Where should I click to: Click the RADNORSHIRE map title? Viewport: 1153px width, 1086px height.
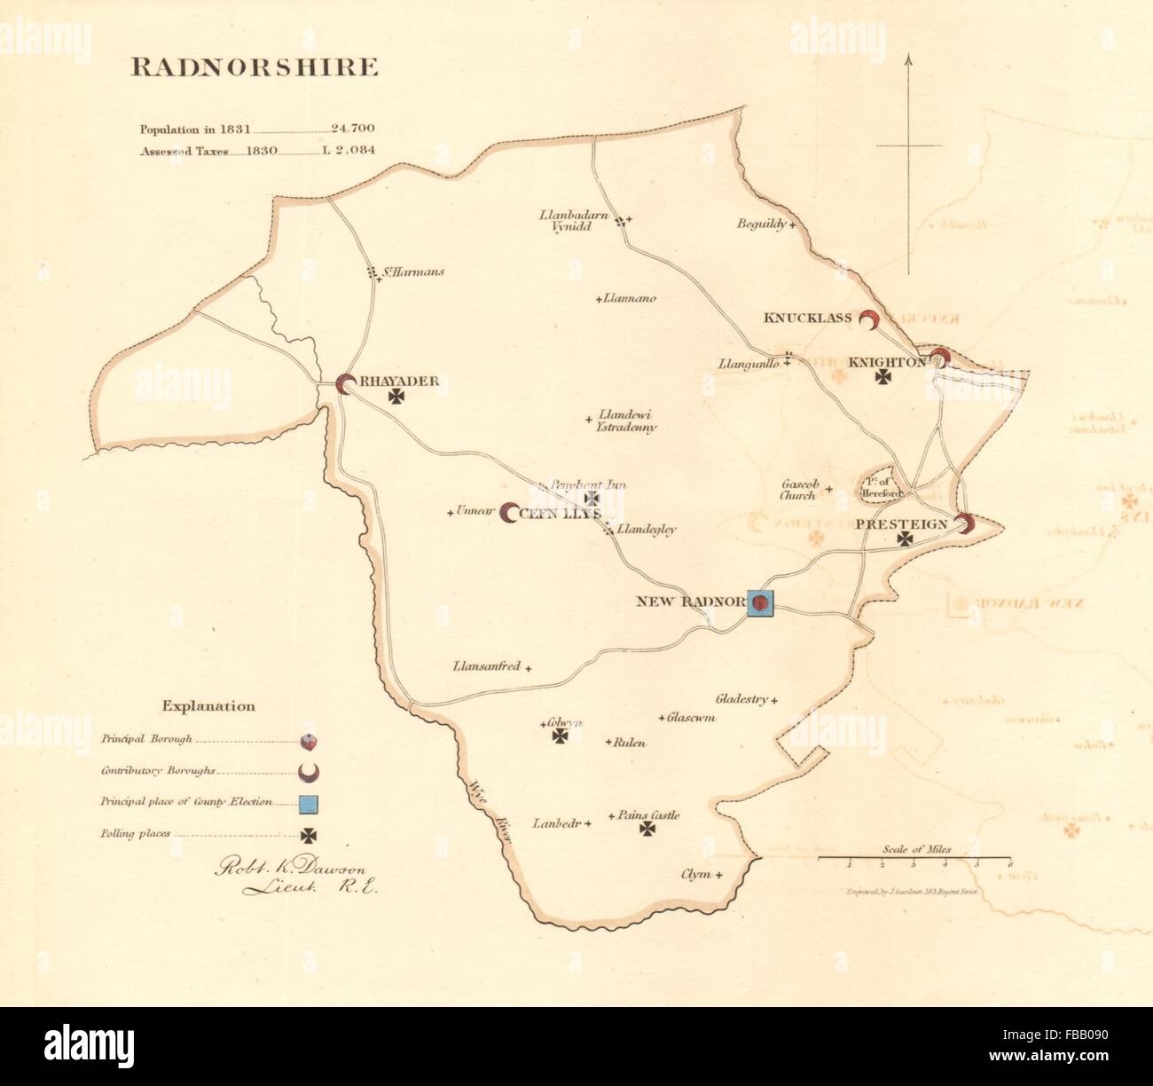coord(255,68)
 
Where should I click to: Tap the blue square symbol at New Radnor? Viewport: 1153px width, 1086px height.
coord(761,603)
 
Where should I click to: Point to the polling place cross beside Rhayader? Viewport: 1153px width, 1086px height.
coord(396,398)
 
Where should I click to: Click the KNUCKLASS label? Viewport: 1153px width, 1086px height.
coord(807,318)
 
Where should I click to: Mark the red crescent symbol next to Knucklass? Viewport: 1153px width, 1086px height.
coord(871,321)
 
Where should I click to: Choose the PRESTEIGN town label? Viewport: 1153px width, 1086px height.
coord(901,524)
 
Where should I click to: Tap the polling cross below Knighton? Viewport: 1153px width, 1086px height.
coord(883,378)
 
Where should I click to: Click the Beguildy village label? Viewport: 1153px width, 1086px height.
coord(761,224)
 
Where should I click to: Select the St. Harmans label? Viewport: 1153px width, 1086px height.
coord(413,272)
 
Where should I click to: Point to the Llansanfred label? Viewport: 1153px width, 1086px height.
coord(486,665)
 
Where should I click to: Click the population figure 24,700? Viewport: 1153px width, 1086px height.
coord(352,130)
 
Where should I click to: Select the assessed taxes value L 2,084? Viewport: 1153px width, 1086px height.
coord(348,151)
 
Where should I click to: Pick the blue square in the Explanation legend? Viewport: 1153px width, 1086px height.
coord(309,804)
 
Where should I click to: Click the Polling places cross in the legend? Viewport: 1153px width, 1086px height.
coord(309,835)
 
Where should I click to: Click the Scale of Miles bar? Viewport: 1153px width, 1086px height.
coord(914,859)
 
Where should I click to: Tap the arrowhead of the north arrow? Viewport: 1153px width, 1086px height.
coord(908,60)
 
